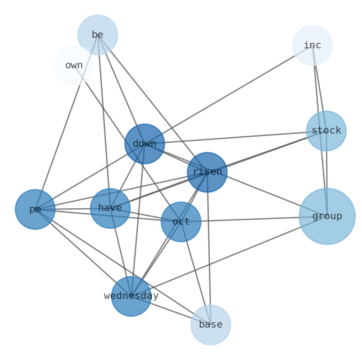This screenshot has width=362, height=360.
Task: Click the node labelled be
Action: pos(98,35)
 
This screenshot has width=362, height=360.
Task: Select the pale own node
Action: pos(74,65)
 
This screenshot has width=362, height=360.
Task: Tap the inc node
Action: pos(312,46)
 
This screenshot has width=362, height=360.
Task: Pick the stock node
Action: pos(326,131)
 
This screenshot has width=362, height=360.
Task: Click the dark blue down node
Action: pos(145,144)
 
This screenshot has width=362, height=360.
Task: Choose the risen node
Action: pos(207,172)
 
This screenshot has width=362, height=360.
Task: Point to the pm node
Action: pos(35,209)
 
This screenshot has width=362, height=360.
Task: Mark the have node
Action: pos(110,208)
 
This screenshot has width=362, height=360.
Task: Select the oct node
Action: pos(181,222)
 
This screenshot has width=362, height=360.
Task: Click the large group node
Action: pos(327,216)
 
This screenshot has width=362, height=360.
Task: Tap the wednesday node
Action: pos(131,296)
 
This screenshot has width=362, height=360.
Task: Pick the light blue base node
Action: pos(211,325)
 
